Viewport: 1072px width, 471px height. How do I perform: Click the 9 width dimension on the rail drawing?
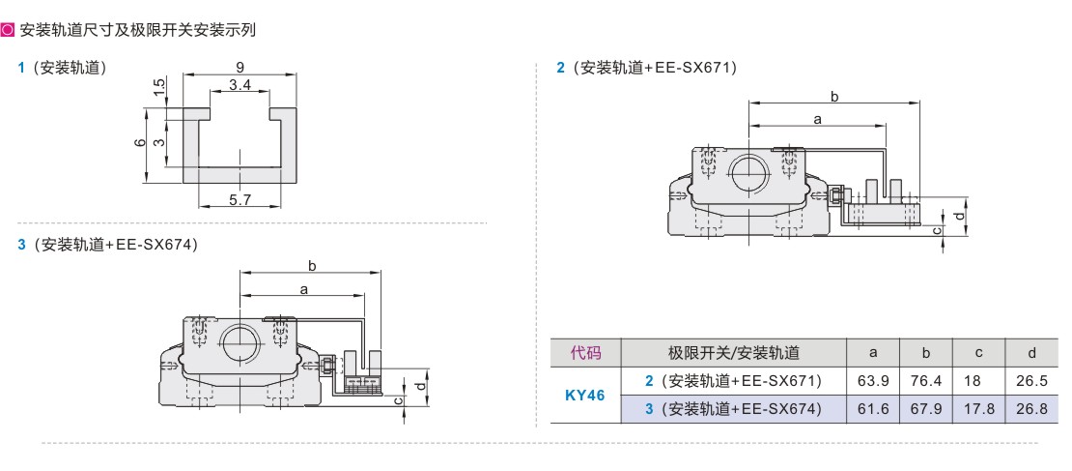click(x=240, y=67)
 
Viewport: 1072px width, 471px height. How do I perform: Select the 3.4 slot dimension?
click(x=240, y=85)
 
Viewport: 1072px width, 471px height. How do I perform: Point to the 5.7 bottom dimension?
click(x=240, y=199)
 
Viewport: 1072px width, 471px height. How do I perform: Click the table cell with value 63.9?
click(x=873, y=381)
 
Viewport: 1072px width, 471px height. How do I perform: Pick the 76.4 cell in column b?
click(x=926, y=381)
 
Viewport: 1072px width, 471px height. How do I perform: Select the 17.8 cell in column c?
click(x=978, y=409)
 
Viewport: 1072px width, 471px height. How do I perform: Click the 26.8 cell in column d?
click(x=1031, y=409)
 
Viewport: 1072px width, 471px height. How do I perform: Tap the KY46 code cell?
click(x=585, y=395)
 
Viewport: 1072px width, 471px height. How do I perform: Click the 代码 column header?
click(x=585, y=353)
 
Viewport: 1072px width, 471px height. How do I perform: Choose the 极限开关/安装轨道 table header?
click(x=734, y=353)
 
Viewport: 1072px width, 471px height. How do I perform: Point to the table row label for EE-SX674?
click(x=734, y=409)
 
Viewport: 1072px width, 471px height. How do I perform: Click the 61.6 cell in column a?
click(x=873, y=409)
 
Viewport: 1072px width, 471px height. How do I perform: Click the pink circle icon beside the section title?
click(x=8, y=29)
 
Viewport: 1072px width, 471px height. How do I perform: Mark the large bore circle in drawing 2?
click(x=749, y=173)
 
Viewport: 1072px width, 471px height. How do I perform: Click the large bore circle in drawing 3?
click(x=240, y=340)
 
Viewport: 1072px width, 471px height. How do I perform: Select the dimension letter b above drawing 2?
click(x=834, y=96)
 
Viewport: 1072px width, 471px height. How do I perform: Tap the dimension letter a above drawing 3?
click(x=303, y=289)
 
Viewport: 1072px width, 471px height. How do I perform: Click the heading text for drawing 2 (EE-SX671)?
click(x=647, y=68)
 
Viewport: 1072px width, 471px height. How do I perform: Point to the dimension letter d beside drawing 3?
click(x=420, y=385)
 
